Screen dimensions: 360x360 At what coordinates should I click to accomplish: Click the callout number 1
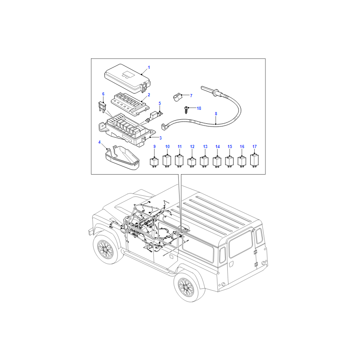149,67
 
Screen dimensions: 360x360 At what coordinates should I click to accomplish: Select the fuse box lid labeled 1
127,78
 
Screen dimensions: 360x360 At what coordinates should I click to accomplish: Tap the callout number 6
103,94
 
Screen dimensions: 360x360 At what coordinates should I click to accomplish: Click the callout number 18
199,108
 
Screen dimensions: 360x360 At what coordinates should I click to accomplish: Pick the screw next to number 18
186,110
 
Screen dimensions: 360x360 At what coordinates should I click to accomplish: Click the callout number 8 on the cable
216,114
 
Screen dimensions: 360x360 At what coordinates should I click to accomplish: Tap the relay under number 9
154,162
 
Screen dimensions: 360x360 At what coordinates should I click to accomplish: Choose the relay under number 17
254,160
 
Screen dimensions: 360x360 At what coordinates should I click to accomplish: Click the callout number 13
205,147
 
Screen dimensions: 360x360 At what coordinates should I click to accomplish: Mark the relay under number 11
179,161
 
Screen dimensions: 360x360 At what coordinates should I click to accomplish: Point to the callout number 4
99,142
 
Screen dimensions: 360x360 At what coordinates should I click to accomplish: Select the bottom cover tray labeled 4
122,158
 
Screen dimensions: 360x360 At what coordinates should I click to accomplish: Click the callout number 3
161,138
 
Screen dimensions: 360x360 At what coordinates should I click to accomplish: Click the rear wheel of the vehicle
186,287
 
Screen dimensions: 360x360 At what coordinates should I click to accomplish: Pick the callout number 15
230,147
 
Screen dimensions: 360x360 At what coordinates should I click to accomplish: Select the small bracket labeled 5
154,117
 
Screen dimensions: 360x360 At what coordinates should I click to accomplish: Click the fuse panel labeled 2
130,104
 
